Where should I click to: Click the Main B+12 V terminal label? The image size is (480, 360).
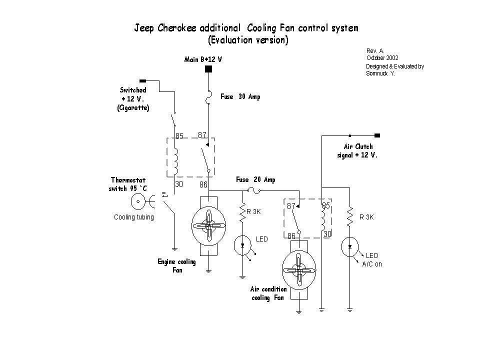(203, 59)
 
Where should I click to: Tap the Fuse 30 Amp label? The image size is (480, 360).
(240, 97)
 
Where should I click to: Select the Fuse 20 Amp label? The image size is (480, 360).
(255, 180)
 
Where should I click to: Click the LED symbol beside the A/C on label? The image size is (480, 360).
(350, 246)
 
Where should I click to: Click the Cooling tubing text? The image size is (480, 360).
(134, 217)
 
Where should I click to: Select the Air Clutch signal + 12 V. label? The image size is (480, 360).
(357, 150)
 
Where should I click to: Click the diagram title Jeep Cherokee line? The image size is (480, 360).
(246, 28)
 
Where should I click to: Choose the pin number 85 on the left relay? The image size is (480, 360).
(179, 135)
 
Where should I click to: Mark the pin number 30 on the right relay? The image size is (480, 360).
(327, 234)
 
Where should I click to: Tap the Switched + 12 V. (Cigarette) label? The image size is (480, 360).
(133, 98)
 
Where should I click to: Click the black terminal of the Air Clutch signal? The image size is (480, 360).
(377, 135)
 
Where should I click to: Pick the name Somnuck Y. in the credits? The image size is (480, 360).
(381, 73)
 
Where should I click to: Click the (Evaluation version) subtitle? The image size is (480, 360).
(248, 40)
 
